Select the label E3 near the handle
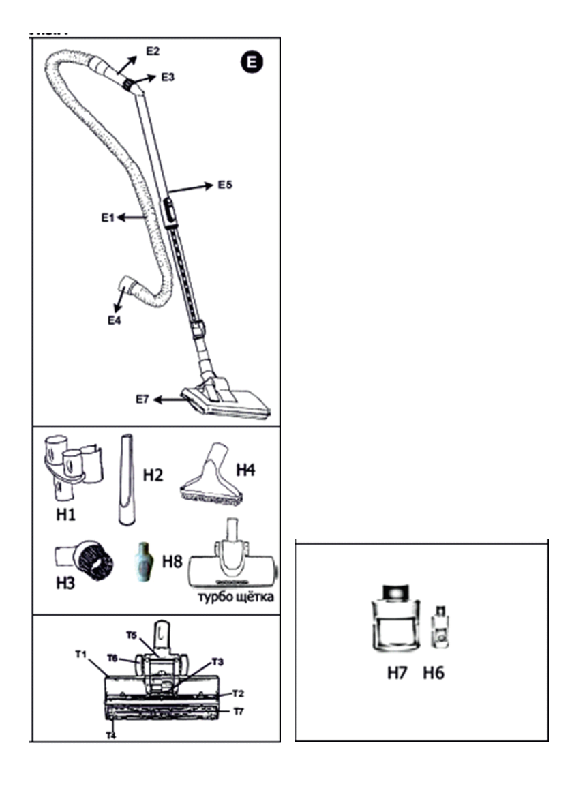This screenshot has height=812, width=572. click(x=168, y=78)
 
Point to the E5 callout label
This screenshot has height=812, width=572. click(x=225, y=185)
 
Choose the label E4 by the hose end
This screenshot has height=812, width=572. click(x=113, y=319)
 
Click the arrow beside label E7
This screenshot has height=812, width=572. click(x=169, y=400)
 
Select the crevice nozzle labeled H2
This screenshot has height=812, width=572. click(x=127, y=479)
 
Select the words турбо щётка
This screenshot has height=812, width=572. click(x=236, y=599)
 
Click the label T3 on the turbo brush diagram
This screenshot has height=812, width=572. click(x=217, y=661)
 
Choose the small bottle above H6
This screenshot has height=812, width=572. click(x=440, y=627)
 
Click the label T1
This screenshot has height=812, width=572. click(x=80, y=654)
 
